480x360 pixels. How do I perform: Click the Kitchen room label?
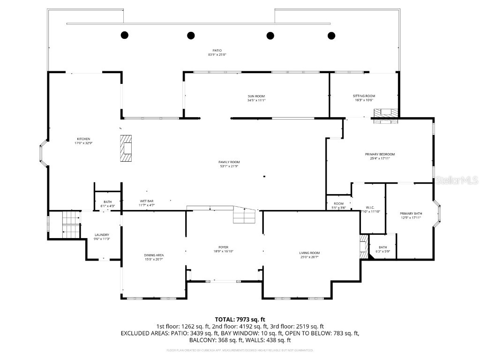83,139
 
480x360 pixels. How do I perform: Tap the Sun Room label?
256,96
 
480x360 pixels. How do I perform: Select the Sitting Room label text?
364,96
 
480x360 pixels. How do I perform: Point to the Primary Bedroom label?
380,154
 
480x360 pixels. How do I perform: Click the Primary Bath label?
411,213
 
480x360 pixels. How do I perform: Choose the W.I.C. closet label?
369,207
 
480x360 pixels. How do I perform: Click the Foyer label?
223,247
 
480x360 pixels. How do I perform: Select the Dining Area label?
154,255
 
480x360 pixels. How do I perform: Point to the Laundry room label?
102,235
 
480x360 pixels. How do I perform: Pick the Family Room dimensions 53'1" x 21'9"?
229,166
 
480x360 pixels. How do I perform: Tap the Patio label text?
217,50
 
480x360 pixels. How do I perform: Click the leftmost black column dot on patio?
125,35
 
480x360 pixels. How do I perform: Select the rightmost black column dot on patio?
331,35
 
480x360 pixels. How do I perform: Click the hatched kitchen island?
126,148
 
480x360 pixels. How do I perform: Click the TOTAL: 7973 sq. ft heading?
240,319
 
